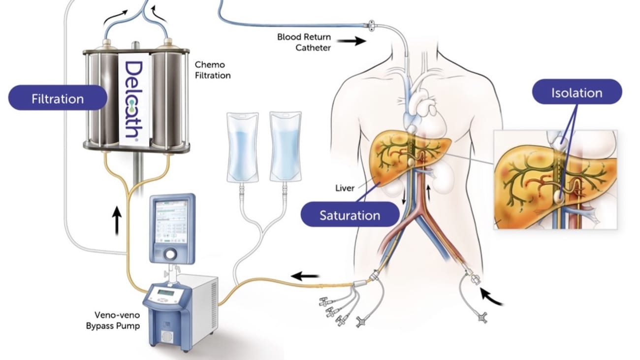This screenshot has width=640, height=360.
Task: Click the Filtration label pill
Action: click(x=58, y=98)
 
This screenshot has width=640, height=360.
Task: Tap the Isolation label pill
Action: click(x=576, y=93)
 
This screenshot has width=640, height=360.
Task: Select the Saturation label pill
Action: click(x=350, y=215)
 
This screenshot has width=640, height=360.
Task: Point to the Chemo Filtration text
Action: click(x=212, y=70)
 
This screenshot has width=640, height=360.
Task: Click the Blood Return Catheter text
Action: click(x=304, y=42)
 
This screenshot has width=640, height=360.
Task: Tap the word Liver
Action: click(x=345, y=188)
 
